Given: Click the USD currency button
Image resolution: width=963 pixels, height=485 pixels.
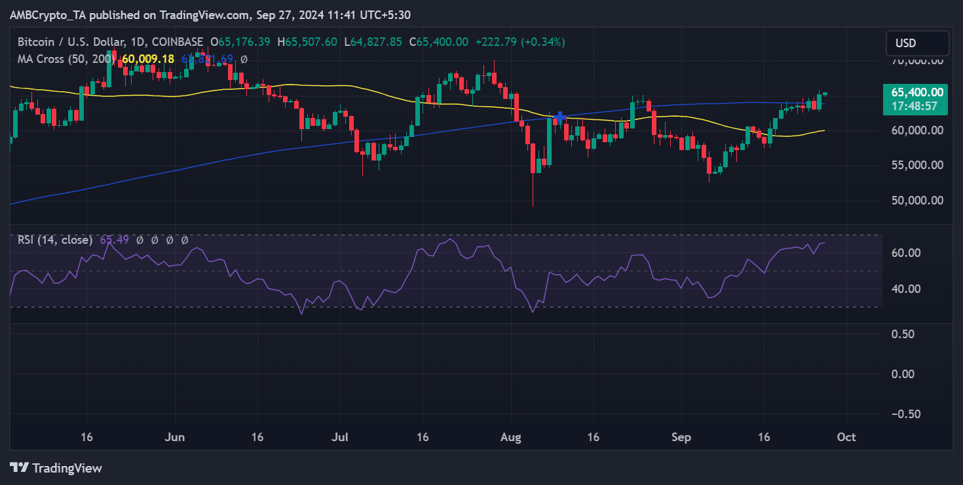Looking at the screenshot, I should coord(917,43).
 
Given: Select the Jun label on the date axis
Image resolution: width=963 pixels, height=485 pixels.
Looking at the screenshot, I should coord(175,437).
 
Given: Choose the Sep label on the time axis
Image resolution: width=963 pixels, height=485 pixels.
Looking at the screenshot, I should coord(681,437).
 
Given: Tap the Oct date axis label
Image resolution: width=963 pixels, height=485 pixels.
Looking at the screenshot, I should coord(846,437).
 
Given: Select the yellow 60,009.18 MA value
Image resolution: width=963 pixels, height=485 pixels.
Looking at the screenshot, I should coord(148,59).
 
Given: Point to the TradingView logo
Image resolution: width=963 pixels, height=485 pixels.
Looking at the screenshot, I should coord(56,468).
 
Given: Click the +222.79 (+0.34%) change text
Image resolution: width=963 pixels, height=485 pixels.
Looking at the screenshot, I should coord(519,42).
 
